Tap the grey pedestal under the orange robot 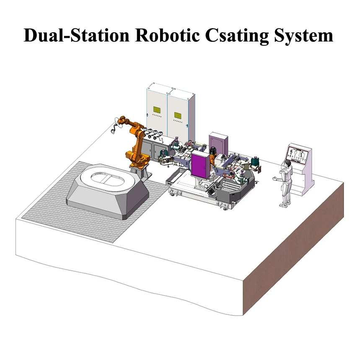click(x=141, y=172)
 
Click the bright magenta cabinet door click(x=200, y=165)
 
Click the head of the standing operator click(x=287, y=163)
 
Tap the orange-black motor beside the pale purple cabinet click(x=213, y=158)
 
